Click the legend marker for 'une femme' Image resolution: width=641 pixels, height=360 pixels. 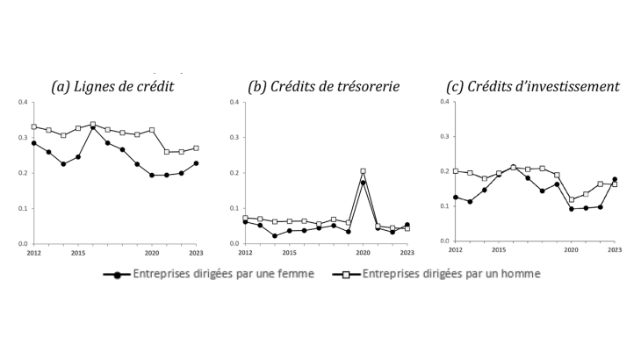[116, 274]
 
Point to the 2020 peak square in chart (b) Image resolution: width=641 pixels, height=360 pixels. [363, 171]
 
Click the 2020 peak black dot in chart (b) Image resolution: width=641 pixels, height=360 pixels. [363, 183]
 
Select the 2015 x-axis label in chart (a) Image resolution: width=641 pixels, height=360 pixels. [78, 253]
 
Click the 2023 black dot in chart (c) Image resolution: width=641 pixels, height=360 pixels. [615, 179]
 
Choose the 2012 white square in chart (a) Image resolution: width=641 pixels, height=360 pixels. [34, 126]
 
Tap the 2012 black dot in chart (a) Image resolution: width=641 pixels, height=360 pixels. [34, 143]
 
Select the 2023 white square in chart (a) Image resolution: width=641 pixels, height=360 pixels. [196, 148]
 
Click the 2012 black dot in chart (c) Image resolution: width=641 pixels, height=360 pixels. [456, 198]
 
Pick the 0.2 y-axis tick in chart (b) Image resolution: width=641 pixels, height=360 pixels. [233, 173]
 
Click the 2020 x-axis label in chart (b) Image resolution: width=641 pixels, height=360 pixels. [363, 253]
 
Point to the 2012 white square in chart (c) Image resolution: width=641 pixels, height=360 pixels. [456, 171]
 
